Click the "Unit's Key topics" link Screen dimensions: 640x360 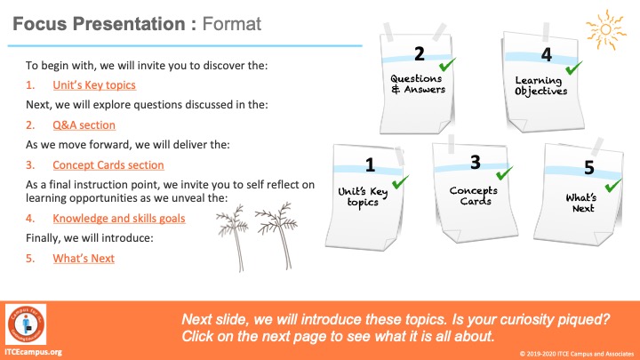click(x=94, y=85)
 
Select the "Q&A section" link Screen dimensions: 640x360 click(x=84, y=125)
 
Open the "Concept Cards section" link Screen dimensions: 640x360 click(x=108, y=165)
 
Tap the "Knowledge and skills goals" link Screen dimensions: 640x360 click(x=119, y=219)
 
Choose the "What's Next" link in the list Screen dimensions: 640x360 click(x=84, y=259)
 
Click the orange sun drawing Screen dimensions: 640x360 click(x=605, y=30)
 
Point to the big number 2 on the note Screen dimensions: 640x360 click(x=420, y=54)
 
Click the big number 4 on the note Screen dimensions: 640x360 click(x=547, y=55)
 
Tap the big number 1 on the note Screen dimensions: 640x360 click(x=370, y=165)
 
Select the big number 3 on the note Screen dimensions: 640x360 click(x=475, y=163)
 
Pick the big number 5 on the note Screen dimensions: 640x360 click(x=589, y=167)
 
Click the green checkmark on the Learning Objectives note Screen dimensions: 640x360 click(x=573, y=68)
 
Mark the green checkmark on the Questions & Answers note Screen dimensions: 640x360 click(x=447, y=65)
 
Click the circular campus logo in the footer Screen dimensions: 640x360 click(x=26, y=324)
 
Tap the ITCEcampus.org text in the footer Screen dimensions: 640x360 click(x=34, y=352)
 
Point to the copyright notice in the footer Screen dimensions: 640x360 click(x=576, y=354)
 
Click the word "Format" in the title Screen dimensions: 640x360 click(x=231, y=24)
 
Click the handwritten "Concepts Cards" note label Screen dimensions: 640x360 click(x=474, y=196)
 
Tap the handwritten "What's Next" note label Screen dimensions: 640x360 click(x=581, y=203)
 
